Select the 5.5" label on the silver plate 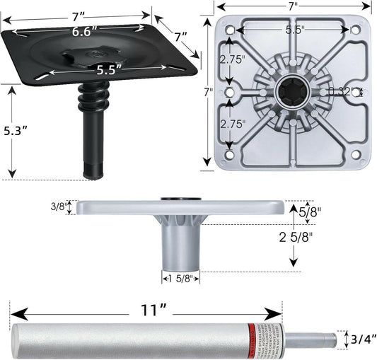coord(295,30)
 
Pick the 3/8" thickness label coord(59,207)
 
